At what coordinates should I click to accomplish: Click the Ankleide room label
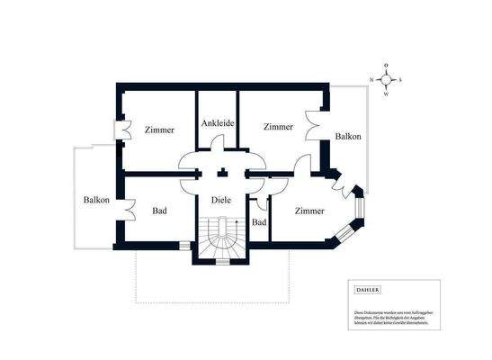(217, 123)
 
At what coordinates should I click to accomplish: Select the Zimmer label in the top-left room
(159, 130)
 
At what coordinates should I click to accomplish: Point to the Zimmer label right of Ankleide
(278, 127)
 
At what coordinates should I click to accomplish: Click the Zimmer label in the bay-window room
(309, 210)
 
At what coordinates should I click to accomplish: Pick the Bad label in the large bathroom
(159, 211)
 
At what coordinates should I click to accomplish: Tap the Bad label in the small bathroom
(259, 222)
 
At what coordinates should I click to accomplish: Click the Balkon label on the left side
(96, 200)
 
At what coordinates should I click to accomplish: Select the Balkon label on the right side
(348, 137)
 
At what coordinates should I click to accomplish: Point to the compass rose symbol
(386, 79)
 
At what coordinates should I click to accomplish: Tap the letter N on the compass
(371, 80)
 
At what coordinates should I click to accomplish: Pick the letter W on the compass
(386, 94)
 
